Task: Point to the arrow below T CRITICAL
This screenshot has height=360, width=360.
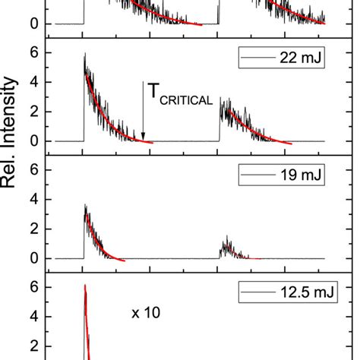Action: coord(143,111)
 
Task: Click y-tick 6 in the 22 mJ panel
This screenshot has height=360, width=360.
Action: coord(33,52)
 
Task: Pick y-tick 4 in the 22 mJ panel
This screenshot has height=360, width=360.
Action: coord(33,82)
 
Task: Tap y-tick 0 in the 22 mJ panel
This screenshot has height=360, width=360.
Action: coord(33,141)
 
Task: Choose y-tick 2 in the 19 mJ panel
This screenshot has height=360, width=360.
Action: coord(33,229)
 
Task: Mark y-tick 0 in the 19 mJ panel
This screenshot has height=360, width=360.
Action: coord(33,258)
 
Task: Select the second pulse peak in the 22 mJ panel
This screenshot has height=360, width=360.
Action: coord(221,99)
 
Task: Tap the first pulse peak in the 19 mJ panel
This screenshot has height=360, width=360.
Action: coord(85,207)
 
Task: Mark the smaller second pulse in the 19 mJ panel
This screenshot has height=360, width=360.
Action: coord(226,245)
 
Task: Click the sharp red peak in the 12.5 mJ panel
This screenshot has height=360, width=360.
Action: coord(85,286)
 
